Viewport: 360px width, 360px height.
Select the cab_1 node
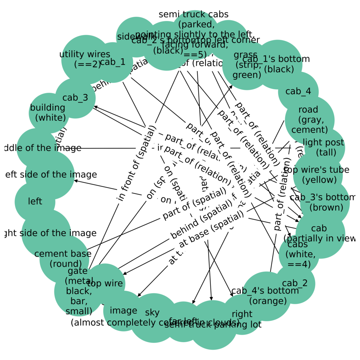tap(113, 62)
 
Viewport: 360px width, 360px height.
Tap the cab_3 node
tap(75, 98)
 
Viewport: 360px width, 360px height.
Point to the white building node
tap(49, 113)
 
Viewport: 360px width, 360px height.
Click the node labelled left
tap(35, 202)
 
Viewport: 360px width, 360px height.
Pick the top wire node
tap(105, 283)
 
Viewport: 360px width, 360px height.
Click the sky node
tap(153, 313)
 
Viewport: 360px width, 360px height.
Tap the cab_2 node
tap(295, 284)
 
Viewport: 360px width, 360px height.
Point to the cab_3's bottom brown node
tap(325, 202)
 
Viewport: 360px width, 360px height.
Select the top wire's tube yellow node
tap(318, 175)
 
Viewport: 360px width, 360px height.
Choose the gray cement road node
tap(309, 120)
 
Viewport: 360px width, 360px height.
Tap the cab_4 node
tap(298, 92)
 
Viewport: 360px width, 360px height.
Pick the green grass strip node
tap(246, 65)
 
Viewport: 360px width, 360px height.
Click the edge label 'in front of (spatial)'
tap(136, 163)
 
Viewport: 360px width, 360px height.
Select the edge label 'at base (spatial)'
tap(211, 230)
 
